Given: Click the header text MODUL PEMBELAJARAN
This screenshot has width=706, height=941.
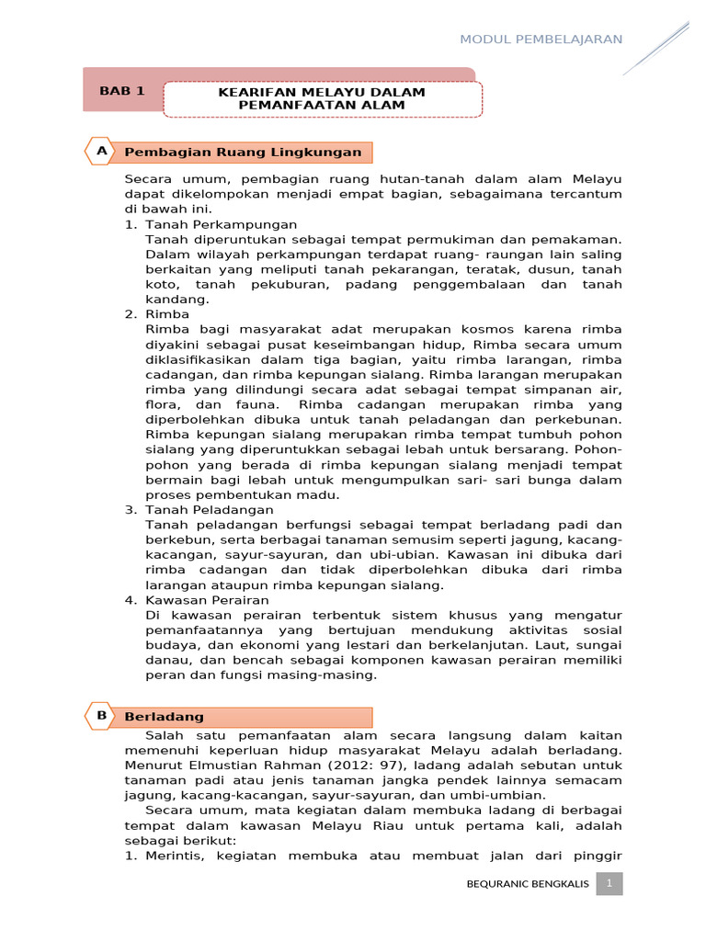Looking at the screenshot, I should coord(541,39).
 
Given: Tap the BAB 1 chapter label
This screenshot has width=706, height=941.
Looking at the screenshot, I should coord(122,91).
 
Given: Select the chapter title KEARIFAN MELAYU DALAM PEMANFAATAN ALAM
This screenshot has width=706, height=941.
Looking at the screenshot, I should coord(322,99).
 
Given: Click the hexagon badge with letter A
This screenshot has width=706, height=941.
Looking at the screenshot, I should coord(99,150).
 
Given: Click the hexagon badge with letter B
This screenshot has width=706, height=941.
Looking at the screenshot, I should coord(99,715).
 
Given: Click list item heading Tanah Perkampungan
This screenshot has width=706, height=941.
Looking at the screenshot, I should coord(221,224).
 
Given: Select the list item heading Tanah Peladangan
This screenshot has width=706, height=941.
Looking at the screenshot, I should coord(209,509).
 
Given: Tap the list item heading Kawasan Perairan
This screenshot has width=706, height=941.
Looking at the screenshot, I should coord(207,599).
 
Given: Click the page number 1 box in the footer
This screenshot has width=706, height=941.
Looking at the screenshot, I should coord(609,884).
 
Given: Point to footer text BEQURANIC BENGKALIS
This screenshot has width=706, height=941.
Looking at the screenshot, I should coord(528,885).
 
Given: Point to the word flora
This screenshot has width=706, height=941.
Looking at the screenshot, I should coord(163,404).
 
